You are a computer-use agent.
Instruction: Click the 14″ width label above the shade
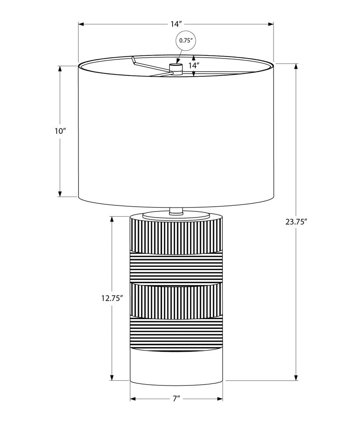tap(177, 24)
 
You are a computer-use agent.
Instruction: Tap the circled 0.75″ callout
tap(186, 40)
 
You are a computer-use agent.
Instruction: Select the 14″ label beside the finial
tap(201, 66)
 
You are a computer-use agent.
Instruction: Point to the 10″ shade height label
tap(60, 131)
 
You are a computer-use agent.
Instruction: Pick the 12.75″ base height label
tap(112, 298)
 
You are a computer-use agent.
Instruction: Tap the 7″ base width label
tap(176, 399)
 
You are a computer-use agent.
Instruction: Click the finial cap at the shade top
tap(176, 67)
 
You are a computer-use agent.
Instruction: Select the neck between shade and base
tap(176, 211)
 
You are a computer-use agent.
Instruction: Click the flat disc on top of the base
tap(176, 215)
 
